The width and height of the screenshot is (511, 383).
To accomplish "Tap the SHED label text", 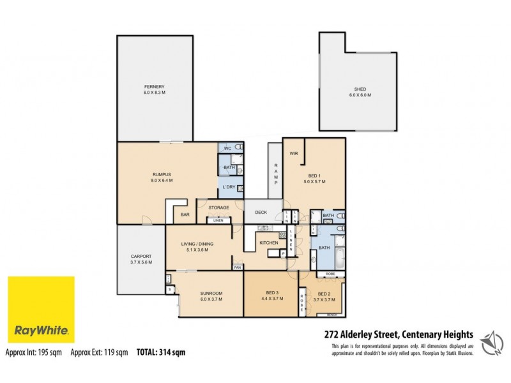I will point(360,89).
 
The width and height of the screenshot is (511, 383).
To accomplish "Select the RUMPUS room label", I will point(162,174).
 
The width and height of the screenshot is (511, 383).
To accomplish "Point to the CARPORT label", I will point(141,256).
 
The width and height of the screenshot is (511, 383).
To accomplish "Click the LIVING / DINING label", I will point(197,244).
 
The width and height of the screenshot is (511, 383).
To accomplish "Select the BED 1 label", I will point(314,176).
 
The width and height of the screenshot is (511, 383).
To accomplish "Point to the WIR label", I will point(294,153).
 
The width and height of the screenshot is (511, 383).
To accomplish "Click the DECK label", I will point(261,212).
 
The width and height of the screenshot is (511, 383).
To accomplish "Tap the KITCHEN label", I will point(268,243).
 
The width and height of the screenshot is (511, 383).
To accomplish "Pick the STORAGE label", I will point(218,207).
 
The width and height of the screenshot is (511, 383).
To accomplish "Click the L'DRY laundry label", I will point(229,187).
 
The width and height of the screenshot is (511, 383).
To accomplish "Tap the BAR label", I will point(185,215).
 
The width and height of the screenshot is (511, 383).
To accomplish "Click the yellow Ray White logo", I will point(40,309).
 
